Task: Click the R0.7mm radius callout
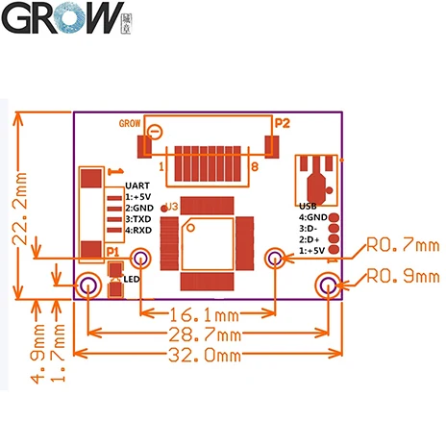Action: pyautogui.click(x=400, y=248)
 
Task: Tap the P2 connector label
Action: pyautogui.click(x=282, y=124)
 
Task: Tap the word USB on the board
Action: pyautogui.click(x=308, y=206)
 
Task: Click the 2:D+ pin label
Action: pyautogui.click(x=309, y=239)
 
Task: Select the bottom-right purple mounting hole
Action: pyautogui.click(x=326, y=285)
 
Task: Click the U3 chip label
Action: pyautogui.click(x=173, y=207)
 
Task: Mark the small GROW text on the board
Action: pyautogui.click(x=129, y=124)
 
